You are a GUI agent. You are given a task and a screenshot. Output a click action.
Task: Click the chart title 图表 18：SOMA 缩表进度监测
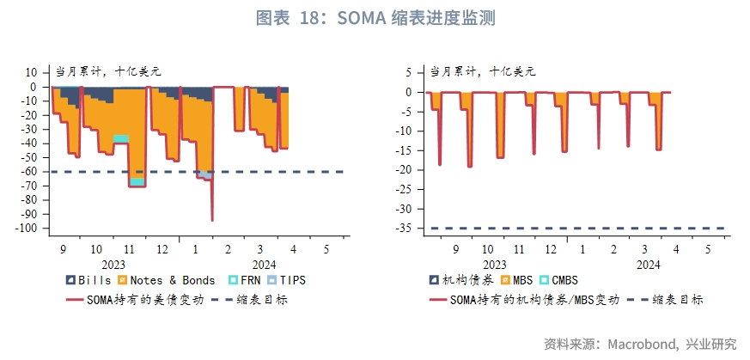(x=375, y=18)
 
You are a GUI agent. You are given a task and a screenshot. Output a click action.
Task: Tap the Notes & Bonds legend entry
(x=168, y=280)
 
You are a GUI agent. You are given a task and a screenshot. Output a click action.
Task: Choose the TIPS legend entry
(x=287, y=280)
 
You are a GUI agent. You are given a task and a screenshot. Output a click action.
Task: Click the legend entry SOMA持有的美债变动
(x=138, y=299)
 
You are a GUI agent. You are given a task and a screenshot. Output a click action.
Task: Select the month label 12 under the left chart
(x=162, y=248)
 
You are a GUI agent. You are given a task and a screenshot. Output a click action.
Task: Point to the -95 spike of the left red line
(x=212, y=220)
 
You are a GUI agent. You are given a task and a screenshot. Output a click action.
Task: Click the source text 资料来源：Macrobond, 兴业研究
(x=639, y=344)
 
